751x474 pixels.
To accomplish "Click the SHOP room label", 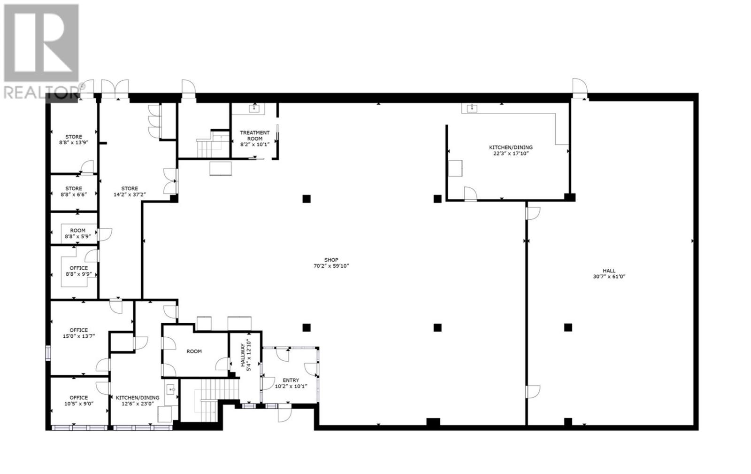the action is point(331,260).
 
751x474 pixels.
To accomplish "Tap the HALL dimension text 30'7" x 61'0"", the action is point(609,277).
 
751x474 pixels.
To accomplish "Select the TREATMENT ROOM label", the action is point(255,135).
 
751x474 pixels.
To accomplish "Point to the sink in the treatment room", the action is point(254,108).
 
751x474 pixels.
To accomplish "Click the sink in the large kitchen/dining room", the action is point(472,108).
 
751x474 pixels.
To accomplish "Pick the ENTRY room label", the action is point(291,381).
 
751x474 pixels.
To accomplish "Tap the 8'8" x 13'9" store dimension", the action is point(74,142).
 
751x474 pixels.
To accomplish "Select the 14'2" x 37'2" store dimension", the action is point(130,194).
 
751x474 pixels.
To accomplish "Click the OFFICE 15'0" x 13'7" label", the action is point(79,333).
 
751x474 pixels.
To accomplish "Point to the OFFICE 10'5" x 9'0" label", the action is point(79,401).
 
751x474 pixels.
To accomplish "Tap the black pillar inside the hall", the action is point(568,327).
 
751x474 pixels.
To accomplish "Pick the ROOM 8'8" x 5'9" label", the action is point(78,233).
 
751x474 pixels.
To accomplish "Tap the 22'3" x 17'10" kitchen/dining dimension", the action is point(511,154).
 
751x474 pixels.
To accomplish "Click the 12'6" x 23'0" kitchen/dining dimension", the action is point(138,404).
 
